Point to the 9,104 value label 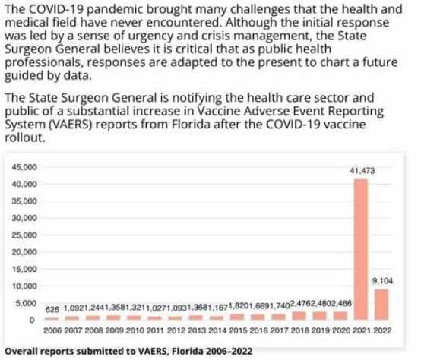click(x=381, y=280)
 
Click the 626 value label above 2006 click(x=52, y=310)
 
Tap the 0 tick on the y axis click(x=34, y=320)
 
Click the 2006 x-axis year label click(x=52, y=332)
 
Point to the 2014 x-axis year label click(x=216, y=332)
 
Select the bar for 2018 click(x=298, y=315)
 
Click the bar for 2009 click(x=113, y=317)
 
